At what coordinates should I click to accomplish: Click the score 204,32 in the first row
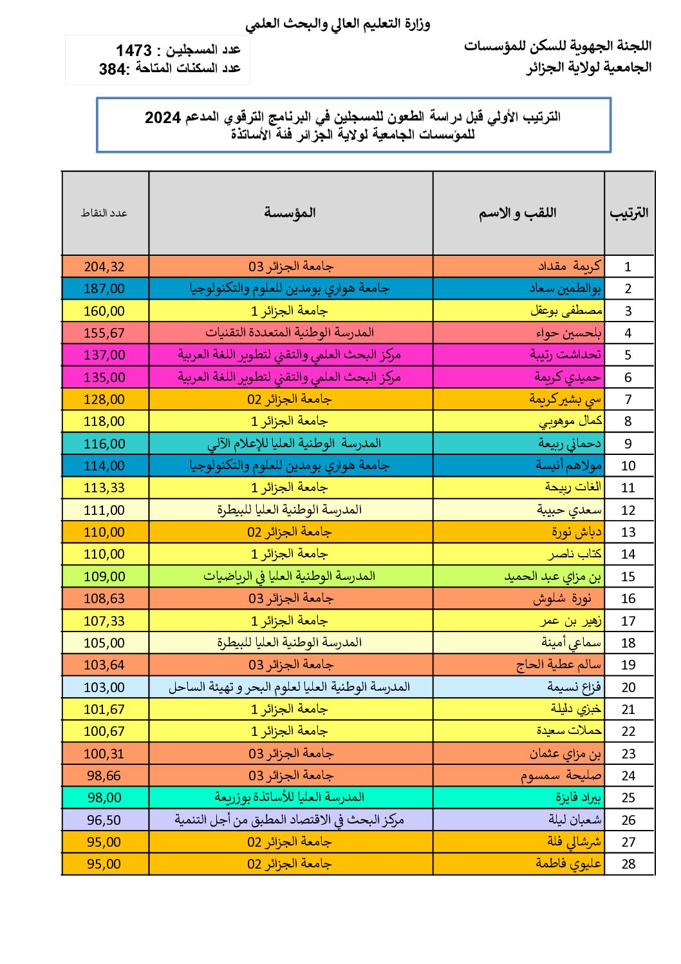pos(104,267)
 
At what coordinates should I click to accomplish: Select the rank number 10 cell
pos(628,466)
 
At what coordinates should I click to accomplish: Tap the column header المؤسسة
pos(290,213)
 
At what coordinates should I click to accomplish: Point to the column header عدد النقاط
pos(104,213)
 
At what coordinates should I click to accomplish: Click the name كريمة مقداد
pos(569,266)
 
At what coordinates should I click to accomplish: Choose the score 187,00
pos(104,289)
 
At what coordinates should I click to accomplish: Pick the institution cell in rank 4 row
pos(290,333)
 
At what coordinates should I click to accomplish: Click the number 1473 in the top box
pos(134,50)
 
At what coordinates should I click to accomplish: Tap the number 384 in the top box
pos(113,69)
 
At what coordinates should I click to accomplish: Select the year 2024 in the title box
pos(163,117)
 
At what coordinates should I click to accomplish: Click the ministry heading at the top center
pos(337,24)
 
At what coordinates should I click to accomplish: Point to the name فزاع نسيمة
pos(574,687)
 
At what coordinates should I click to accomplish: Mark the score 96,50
pos(104,820)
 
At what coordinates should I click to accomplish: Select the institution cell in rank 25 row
pos(290,798)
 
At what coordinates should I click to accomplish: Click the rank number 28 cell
pos(628,864)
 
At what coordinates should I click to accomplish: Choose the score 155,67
pos(104,333)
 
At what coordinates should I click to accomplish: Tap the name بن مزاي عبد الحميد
pos(552,577)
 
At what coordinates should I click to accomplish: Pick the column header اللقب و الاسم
pos(518,213)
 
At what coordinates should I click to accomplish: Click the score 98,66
pos(104,776)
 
